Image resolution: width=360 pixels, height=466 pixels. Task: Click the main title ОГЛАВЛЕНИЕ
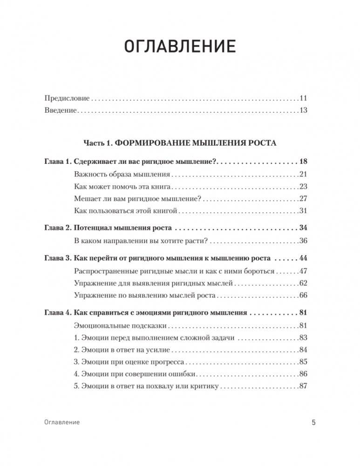pyautogui.click(x=180, y=47)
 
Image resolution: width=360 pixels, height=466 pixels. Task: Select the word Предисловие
pyautogui.click(x=67, y=98)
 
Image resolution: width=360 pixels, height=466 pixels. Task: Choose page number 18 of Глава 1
pyautogui.click(x=303, y=162)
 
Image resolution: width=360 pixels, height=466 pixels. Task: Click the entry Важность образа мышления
pyautogui.click(x=122, y=174)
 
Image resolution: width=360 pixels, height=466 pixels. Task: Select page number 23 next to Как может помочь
pyautogui.click(x=303, y=186)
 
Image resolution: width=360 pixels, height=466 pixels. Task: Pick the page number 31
pyautogui.click(x=303, y=210)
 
